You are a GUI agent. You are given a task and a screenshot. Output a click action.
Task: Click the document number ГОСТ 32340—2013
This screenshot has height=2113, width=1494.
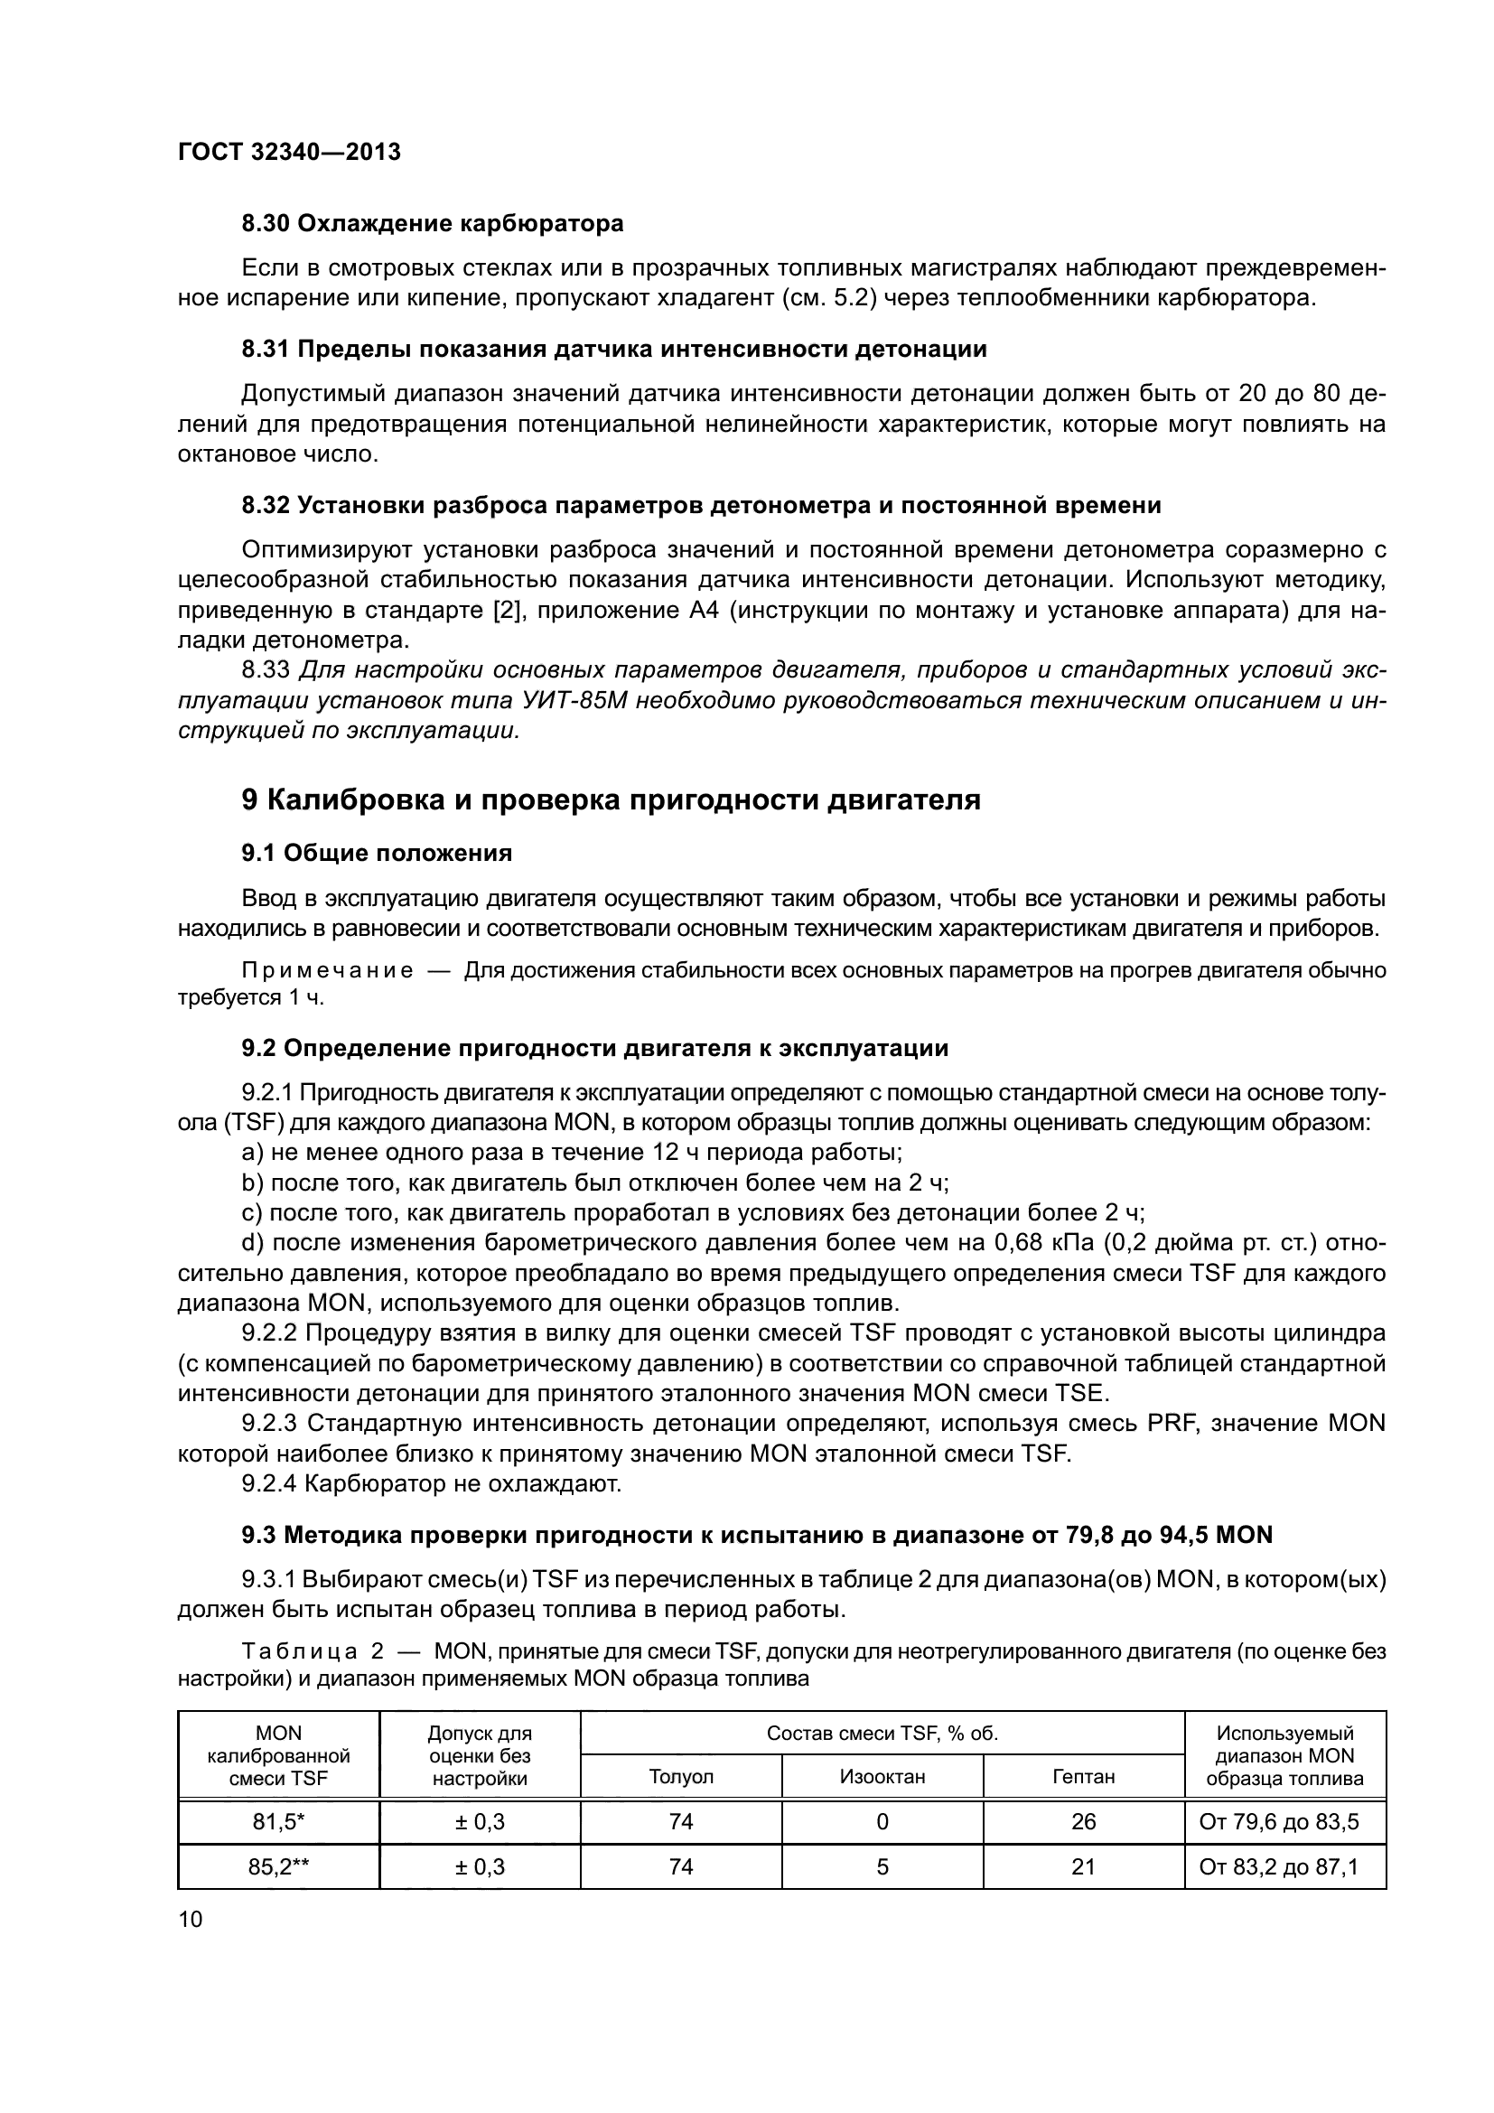click(289, 153)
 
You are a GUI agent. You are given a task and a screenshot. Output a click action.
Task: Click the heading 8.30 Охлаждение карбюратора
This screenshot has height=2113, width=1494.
click(433, 224)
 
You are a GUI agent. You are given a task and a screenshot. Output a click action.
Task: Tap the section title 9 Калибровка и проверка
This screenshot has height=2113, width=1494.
click(611, 799)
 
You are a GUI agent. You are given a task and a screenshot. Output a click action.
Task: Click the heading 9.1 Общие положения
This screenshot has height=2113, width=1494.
click(377, 853)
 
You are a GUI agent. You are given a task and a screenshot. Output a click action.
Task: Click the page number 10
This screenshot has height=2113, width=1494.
click(190, 1919)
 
